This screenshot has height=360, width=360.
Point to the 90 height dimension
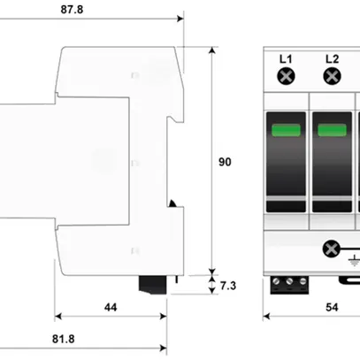click(225, 162)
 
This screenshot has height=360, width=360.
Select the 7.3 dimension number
click(228, 285)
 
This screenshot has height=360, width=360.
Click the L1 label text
click(286, 58)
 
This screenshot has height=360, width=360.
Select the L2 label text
click(332, 58)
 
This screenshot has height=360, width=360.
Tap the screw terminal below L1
click(286, 77)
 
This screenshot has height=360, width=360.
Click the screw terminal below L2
click(332, 77)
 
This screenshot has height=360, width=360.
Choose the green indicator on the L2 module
click(332, 133)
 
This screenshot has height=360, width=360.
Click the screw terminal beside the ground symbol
click(334, 249)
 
